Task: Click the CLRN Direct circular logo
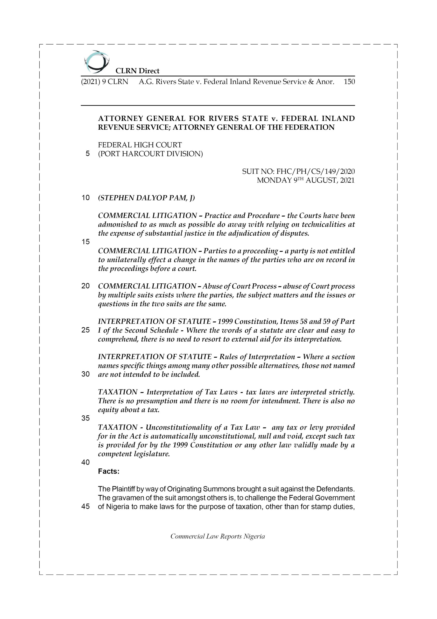click(x=96, y=62)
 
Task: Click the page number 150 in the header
click(x=349, y=82)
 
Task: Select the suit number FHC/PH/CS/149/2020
click(x=298, y=171)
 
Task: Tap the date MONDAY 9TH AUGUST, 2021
click(x=306, y=180)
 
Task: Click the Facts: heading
click(x=108, y=471)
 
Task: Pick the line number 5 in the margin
click(x=87, y=154)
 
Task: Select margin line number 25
click(x=85, y=330)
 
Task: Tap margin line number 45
click(x=85, y=507)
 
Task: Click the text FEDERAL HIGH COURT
click(x=140, y=145)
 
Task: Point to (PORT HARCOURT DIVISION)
click(x=150, y=154)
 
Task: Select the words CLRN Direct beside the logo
click(x=137, y=71)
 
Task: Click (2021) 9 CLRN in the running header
click(x=105, y=82)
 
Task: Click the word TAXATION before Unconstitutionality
click(x=118, y=427)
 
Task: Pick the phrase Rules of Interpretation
click(x=257, y=357)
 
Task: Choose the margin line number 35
click(x=85, y=418)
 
